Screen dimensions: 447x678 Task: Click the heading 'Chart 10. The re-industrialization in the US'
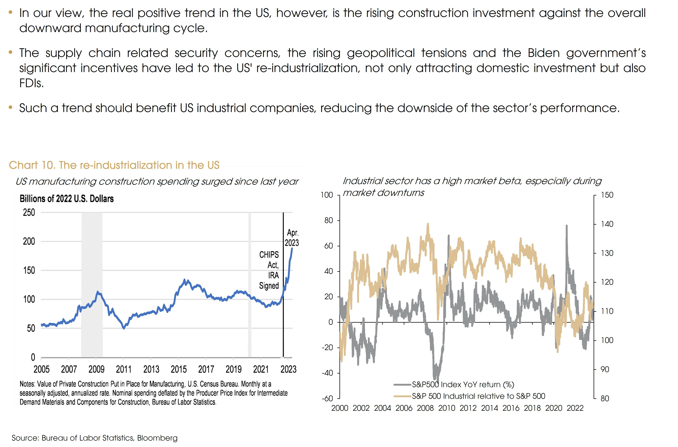click(114, 165)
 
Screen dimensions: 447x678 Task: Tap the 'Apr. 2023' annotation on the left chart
click(292, 238)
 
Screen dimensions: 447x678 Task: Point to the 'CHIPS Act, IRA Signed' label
click(269, 270)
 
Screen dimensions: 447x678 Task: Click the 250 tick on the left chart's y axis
click(29, 212)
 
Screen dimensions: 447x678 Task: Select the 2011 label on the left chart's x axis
click(123, 369)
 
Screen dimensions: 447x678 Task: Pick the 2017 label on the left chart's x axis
click(206, 369)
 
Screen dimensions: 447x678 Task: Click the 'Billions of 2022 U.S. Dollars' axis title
click(66, 199)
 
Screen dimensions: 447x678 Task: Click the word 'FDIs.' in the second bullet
click(31, 83)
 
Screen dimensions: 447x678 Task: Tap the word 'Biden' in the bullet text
click(543, 53)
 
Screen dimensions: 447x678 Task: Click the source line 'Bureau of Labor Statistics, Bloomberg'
click(109, 438)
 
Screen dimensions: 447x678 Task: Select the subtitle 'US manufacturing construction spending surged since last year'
click(157, 182)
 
